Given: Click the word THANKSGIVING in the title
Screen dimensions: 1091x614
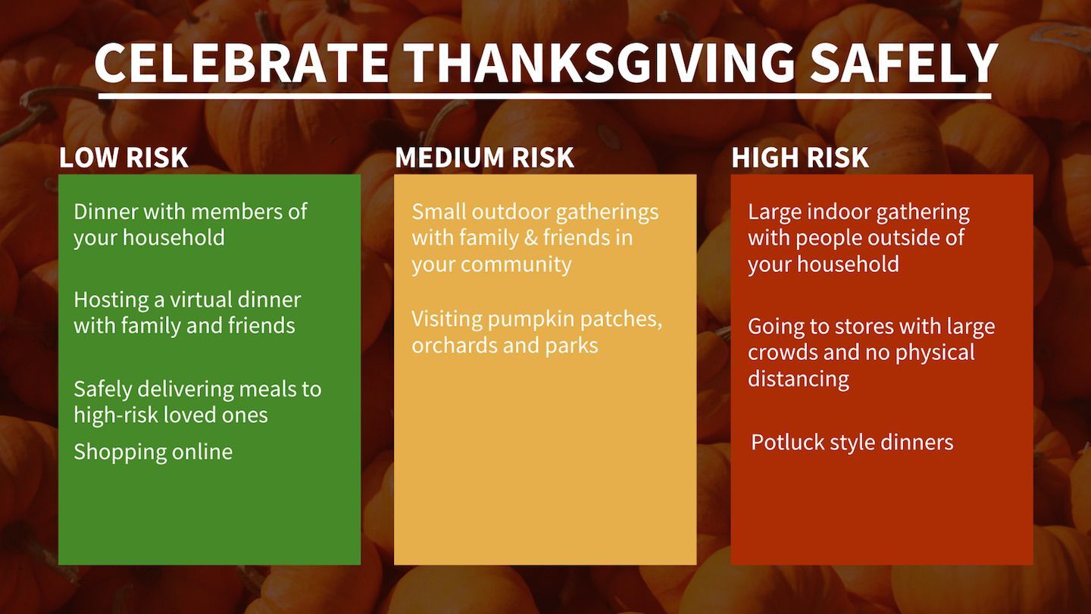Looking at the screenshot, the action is pyautogui.click(x=600, y=62).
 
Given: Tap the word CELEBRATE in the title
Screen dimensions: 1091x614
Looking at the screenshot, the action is pyautogui.click(x=242, y=62).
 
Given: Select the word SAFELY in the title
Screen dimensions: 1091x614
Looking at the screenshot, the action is pyautogui.click(x=904, y=62).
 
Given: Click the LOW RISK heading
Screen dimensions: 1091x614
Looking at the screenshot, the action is pyautogui.click(x=123, y=158).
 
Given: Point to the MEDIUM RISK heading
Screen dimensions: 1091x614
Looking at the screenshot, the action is pyautogui.click(x=485, y=158).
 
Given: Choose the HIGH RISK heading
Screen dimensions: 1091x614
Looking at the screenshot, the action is pyautogui.click(x=800, y=158).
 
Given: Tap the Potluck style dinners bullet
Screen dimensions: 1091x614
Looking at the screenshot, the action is pyautogui.click(x=852, y=443).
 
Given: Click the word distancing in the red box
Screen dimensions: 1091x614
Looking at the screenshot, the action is pyautogui.click(x=799, y=379).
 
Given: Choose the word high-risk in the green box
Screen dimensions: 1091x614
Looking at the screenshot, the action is pyautogui.click(x=116, y=415).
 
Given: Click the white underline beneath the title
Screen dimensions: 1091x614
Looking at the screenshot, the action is pyautogui.click(x=545, y=96).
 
